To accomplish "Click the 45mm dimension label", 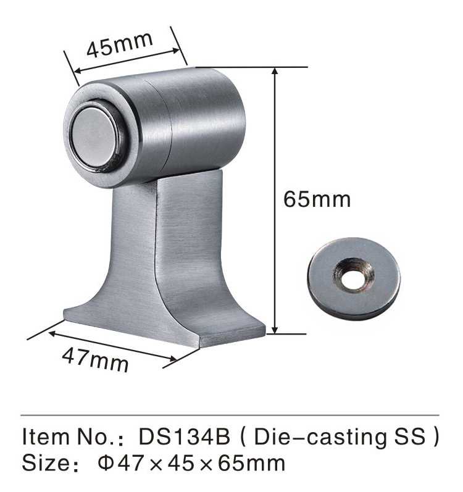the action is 120,45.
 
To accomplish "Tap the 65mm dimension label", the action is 317,199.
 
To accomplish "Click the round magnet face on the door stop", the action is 93,137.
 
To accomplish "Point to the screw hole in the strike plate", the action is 352,278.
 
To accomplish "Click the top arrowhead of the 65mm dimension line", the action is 275,71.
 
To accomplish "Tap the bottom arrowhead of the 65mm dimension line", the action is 275,330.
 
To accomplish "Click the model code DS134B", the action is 185,437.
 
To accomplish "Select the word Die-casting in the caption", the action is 320,438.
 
